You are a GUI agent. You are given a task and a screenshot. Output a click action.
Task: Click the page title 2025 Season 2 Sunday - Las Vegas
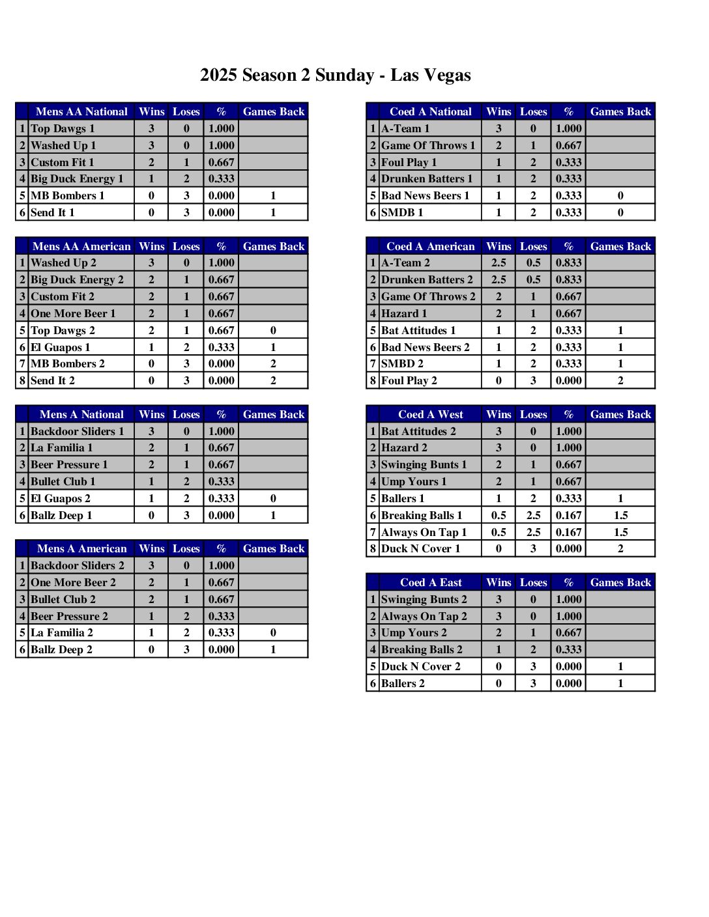[335, 76]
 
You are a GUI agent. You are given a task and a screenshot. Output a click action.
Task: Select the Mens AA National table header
[81, 112]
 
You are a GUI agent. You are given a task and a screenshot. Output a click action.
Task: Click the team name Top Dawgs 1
[63, 129]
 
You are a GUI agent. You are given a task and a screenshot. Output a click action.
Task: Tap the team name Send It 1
[53, 213]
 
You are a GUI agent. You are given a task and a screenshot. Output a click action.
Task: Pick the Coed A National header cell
[430, 112]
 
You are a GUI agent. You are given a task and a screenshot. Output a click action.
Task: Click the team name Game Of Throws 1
[428, 146]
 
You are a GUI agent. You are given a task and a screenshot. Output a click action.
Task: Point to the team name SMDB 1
[402, 213]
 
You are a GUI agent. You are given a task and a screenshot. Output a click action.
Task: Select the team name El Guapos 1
[61, 348]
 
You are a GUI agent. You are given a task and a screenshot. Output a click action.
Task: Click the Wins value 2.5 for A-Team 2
[499, 263]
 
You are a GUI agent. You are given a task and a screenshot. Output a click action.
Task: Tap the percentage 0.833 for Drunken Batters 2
[568, 280]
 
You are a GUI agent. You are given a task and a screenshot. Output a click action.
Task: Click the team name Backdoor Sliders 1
[77, 432]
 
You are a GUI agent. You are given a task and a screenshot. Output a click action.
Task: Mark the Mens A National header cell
[81, 415]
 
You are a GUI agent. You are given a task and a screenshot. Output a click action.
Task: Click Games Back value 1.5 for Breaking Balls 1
[620, 516]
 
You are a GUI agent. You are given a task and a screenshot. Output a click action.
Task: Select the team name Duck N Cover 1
[420, 549]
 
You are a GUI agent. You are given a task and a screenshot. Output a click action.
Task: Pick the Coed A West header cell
[430, 415]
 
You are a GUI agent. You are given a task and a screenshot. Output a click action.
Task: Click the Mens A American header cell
[81, 549]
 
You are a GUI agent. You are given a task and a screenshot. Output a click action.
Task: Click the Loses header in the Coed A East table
[533, 583]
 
